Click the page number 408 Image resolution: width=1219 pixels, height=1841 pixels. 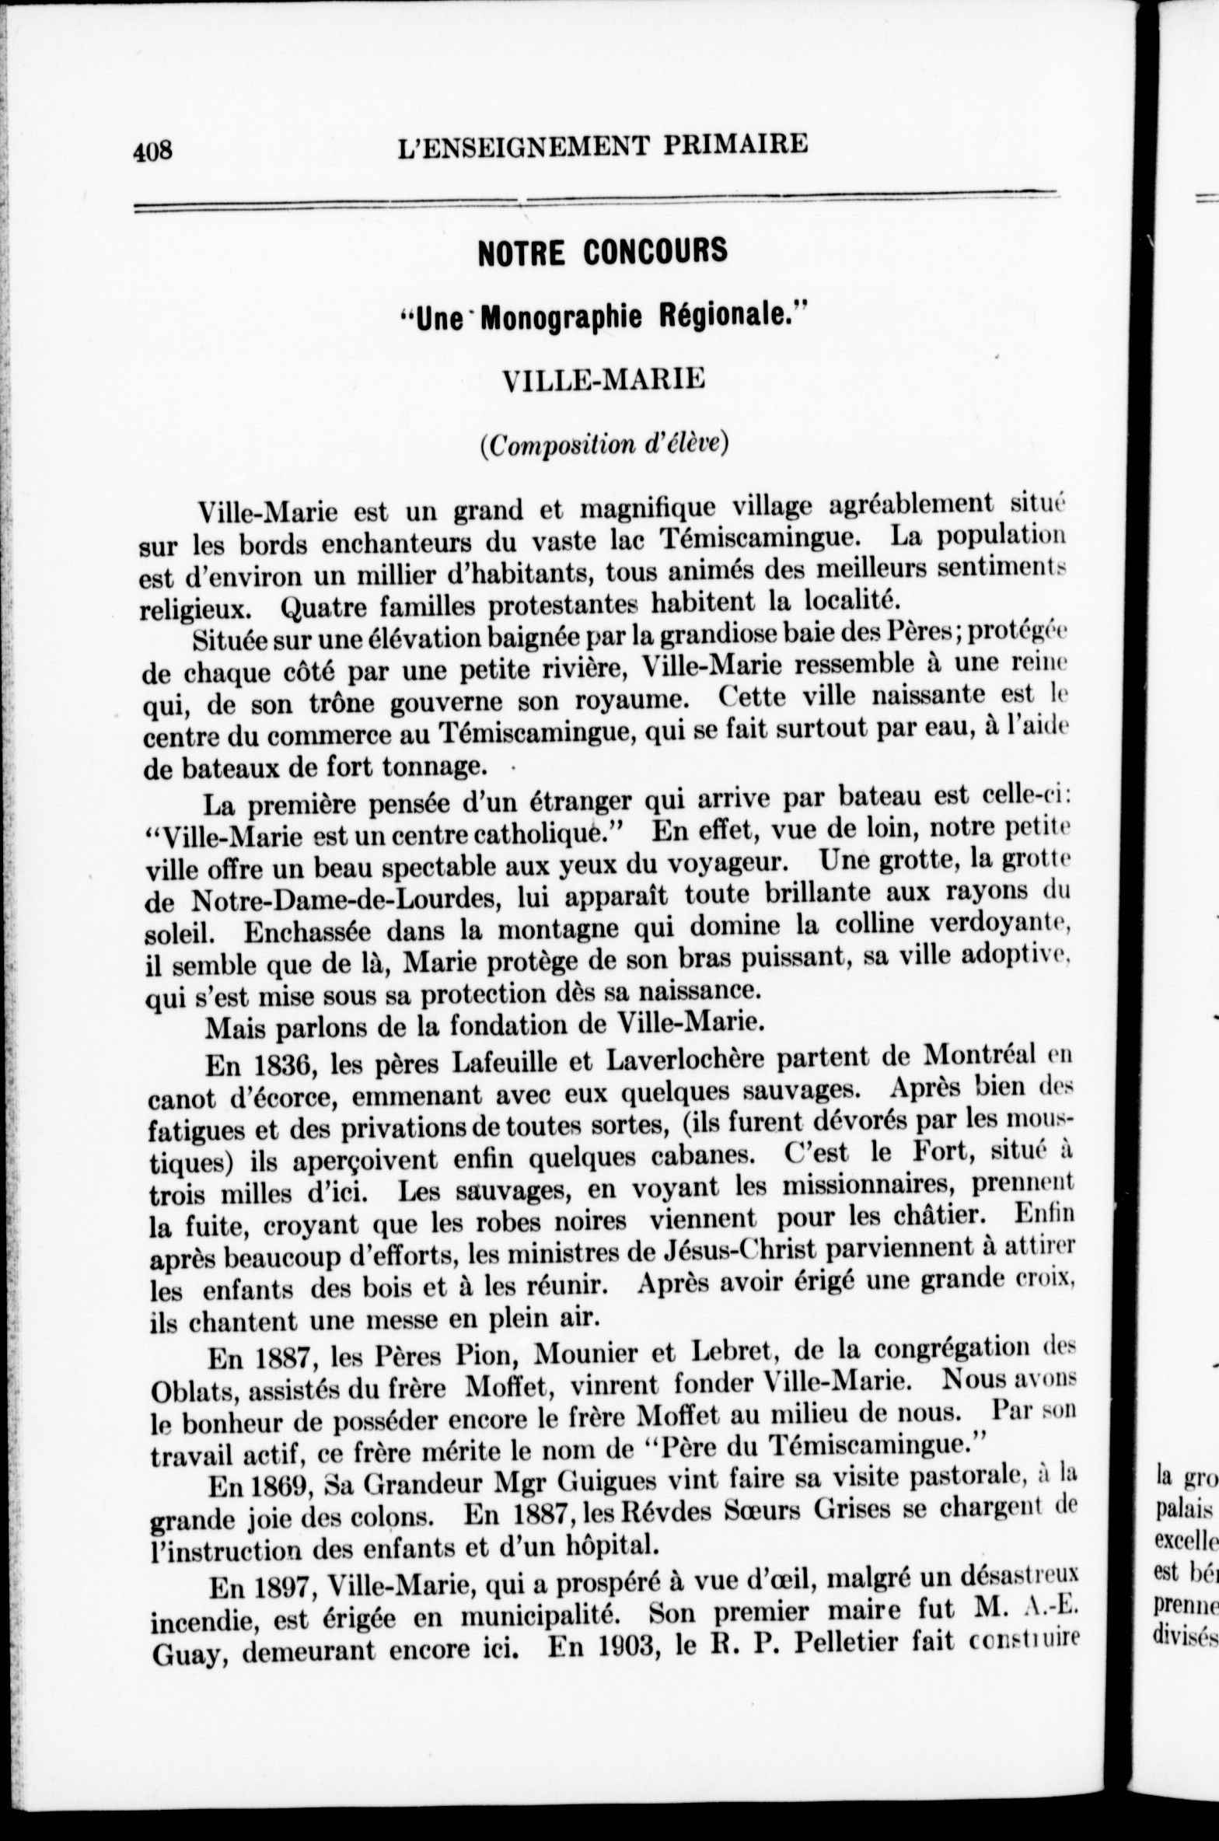(152, 151)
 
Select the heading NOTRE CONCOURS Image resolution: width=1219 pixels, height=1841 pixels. (603, 251)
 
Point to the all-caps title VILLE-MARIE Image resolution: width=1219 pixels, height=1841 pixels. (603, 379)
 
